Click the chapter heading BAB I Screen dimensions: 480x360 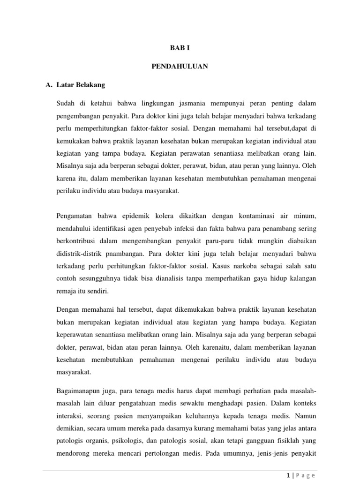[180, 48]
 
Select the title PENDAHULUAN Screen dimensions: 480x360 [180, 67]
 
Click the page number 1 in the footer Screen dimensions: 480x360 [287, 475]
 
